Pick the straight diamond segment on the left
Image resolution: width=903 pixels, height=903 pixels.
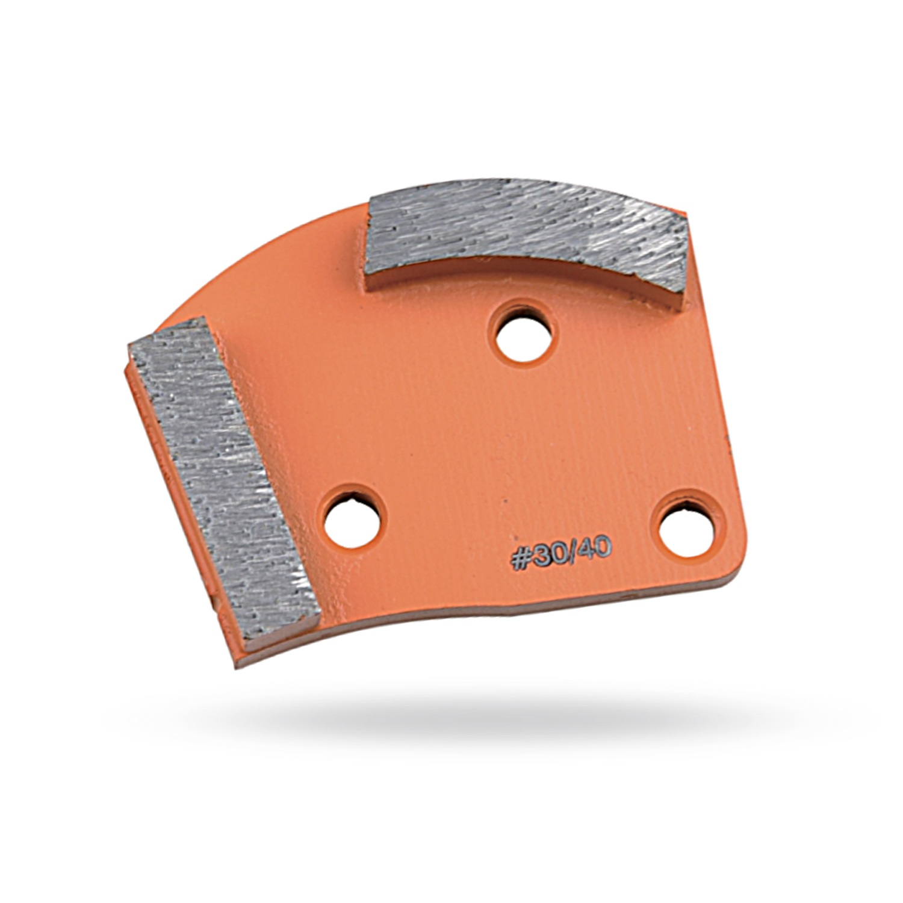(x=223, y=479)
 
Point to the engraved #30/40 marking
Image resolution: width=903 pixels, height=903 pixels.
(x=561, y=553)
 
